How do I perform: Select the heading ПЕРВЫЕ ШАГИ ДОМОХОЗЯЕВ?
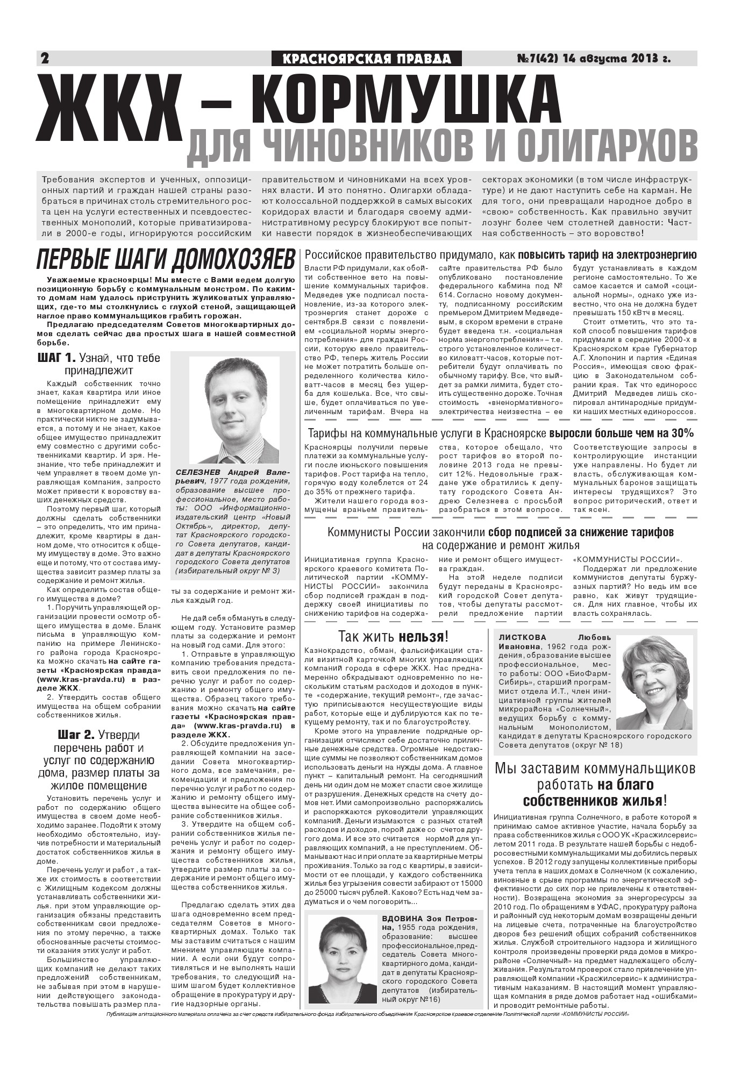tap(166, 260)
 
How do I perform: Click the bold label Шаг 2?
tap(76, 735)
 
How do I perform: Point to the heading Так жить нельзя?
tap(393, 637)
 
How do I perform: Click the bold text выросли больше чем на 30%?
tap(621, 433)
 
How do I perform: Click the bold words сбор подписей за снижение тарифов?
tap(580, 532)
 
